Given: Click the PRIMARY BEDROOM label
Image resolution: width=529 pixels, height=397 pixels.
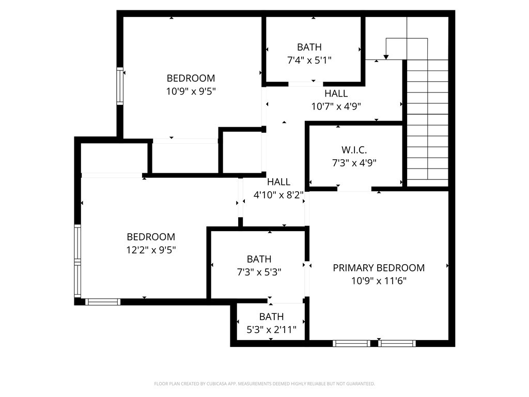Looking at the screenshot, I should [x=379, y=268].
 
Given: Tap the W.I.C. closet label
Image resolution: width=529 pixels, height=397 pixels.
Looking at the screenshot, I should [x=354, y=150].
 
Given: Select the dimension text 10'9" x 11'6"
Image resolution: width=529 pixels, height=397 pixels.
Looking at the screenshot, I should [x=379, y=281].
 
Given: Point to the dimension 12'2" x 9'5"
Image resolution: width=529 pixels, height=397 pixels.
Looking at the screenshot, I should [x=151, y=250].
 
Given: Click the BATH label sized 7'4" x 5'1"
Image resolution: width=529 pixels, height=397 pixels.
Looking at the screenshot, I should [x=309, y=47].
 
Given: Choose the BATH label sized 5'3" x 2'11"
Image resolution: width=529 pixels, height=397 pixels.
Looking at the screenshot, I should [x=271, y=316].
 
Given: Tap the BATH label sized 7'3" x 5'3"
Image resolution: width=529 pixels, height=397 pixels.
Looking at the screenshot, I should [x=259, y=258].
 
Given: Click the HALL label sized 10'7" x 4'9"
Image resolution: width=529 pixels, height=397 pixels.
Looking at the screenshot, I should [x=336, y=94].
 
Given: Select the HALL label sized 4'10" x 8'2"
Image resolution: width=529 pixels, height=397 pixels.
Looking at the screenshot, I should [x=278, y=182].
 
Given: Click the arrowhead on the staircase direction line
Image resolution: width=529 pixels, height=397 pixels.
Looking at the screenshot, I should [x=385, y=56].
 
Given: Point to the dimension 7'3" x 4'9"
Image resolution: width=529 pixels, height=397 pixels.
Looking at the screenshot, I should [x=354, y=163].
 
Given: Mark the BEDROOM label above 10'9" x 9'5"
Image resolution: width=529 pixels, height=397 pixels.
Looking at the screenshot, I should [x=191, y=78].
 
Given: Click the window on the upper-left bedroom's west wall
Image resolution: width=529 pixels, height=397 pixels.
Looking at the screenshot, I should [x=120, y=86].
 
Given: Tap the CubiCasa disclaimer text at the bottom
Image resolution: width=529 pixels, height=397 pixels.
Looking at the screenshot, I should [x=264, y=384].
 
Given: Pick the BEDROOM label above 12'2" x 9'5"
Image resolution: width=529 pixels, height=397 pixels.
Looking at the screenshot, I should [x=151, y=237].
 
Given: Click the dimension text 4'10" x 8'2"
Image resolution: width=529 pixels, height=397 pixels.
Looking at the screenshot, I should [x=278, y=195].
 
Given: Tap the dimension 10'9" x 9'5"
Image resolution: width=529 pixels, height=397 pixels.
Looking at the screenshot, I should [x=191, y=91].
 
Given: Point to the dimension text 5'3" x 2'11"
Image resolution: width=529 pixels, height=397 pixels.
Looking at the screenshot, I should [x=271, y=329].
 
